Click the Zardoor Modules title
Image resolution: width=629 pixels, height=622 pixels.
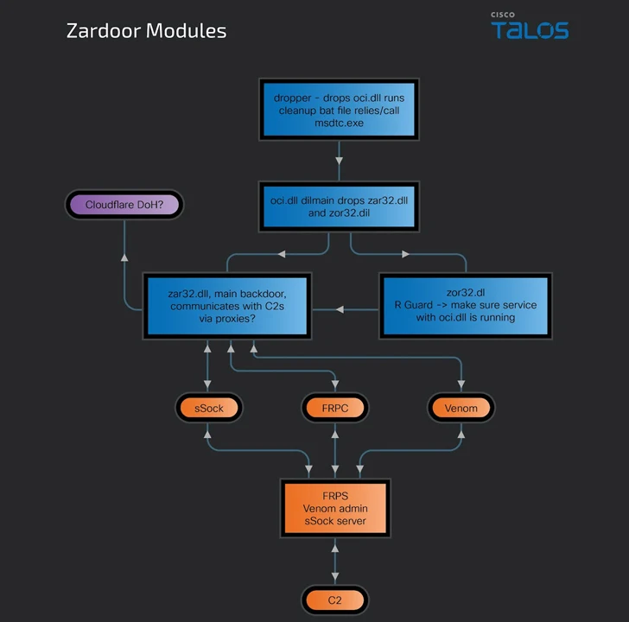point(146,31)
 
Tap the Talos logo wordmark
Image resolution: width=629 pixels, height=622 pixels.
point(530,30)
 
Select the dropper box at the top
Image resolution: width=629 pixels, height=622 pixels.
point(339,110)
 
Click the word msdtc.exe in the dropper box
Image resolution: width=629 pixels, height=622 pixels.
point(339,124)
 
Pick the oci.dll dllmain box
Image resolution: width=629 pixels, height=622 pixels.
point(339,206)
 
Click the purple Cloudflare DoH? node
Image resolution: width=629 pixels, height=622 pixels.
point(124,205)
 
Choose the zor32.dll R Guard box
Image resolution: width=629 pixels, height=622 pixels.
point(464,305)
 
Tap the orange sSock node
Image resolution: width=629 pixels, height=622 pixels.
point(208,408)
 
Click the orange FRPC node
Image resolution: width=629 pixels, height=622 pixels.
point(335,408)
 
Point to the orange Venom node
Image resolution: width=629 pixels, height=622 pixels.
point(461,408)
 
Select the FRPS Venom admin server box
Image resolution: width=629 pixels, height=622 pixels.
point(334,508)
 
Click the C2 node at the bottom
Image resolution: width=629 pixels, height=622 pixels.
point(335,600)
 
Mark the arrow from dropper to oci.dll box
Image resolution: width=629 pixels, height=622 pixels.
point(339,161)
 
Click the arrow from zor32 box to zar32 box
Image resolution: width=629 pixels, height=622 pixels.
point(342,308)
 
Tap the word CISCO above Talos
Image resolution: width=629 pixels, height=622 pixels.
point(503,14)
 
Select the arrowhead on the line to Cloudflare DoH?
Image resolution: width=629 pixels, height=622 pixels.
point(124,257)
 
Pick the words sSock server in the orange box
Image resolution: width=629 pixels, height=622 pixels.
point(334,521)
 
